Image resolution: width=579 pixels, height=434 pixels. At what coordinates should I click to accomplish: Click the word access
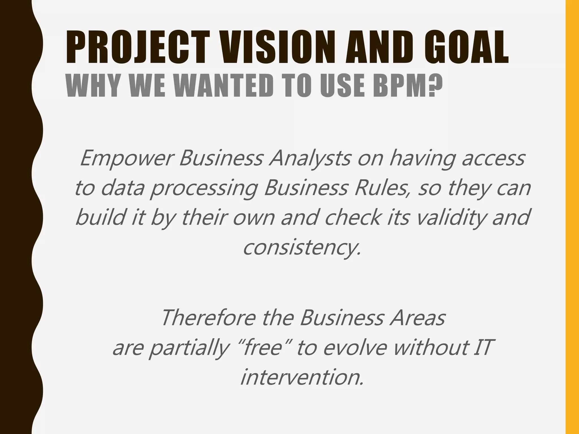click(x=493, y=159)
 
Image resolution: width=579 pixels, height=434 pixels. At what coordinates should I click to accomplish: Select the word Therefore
click(x=209, y=318)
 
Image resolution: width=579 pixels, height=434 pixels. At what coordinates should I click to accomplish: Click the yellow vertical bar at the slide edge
click(x=572, y=217)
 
